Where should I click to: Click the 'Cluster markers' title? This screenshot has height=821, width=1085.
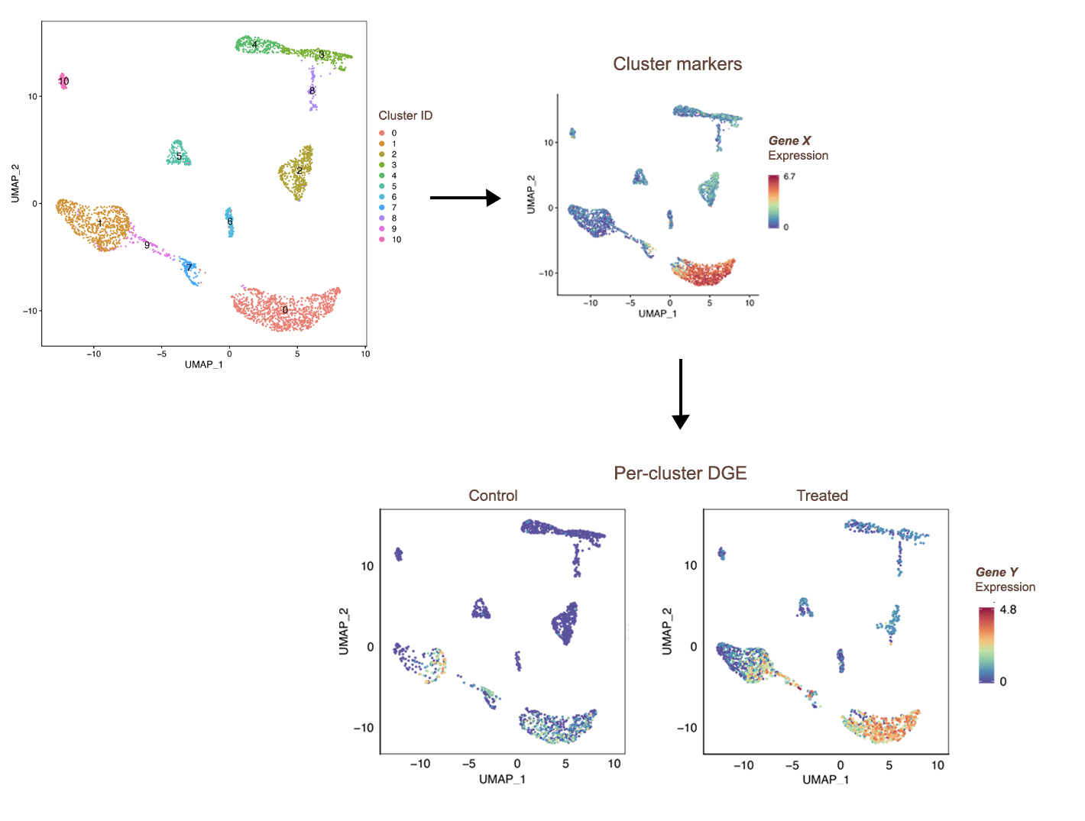tap(677, 64)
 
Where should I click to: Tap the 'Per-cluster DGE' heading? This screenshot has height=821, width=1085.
tap(680, 474)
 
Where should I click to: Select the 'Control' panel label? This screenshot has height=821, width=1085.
tap(493, 496)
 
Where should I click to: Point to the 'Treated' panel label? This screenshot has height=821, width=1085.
tap(822, 496)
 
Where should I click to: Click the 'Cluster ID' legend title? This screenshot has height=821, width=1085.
tap(405, 115)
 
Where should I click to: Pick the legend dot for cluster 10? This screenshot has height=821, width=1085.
tap(381, 240)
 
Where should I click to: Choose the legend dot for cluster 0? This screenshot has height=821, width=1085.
tap(381, 133)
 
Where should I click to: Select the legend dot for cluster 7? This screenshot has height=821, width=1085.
tap(381, 208)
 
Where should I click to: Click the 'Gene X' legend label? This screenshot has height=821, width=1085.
tap(789, 141)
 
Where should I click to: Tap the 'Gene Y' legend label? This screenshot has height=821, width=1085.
tap(996, 572)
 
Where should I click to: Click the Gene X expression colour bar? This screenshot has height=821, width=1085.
tap(774, 202)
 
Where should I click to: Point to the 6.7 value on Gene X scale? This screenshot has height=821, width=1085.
tap(789, 176)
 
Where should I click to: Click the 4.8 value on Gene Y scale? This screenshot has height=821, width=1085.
tap(1008, 609)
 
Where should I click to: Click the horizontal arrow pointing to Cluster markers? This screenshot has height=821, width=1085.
tap(465, 198)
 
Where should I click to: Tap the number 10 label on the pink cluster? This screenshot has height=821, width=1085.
tap(63, 81)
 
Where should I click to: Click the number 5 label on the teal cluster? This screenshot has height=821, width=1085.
tap(179, 157)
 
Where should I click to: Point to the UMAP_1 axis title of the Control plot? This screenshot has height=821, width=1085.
tap(502, 779)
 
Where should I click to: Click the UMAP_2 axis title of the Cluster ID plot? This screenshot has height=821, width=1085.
tap(15, 183)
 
